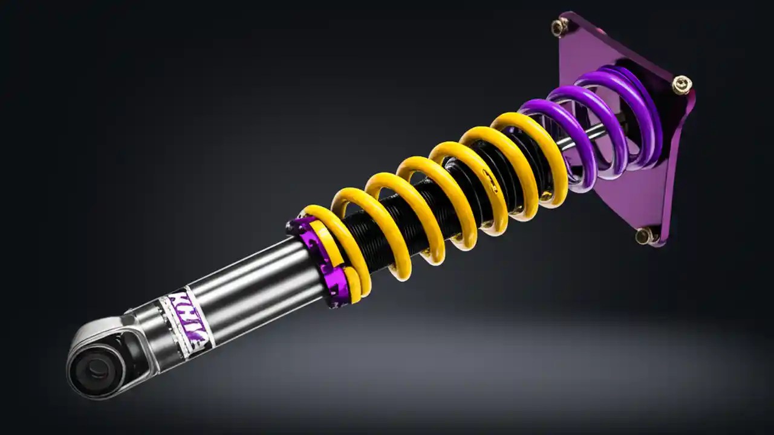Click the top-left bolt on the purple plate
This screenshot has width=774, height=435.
click(x=559, y=27)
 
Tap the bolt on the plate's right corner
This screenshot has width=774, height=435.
click(x=681, y=85)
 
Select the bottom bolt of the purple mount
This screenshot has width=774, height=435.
click(x=645, y=235)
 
